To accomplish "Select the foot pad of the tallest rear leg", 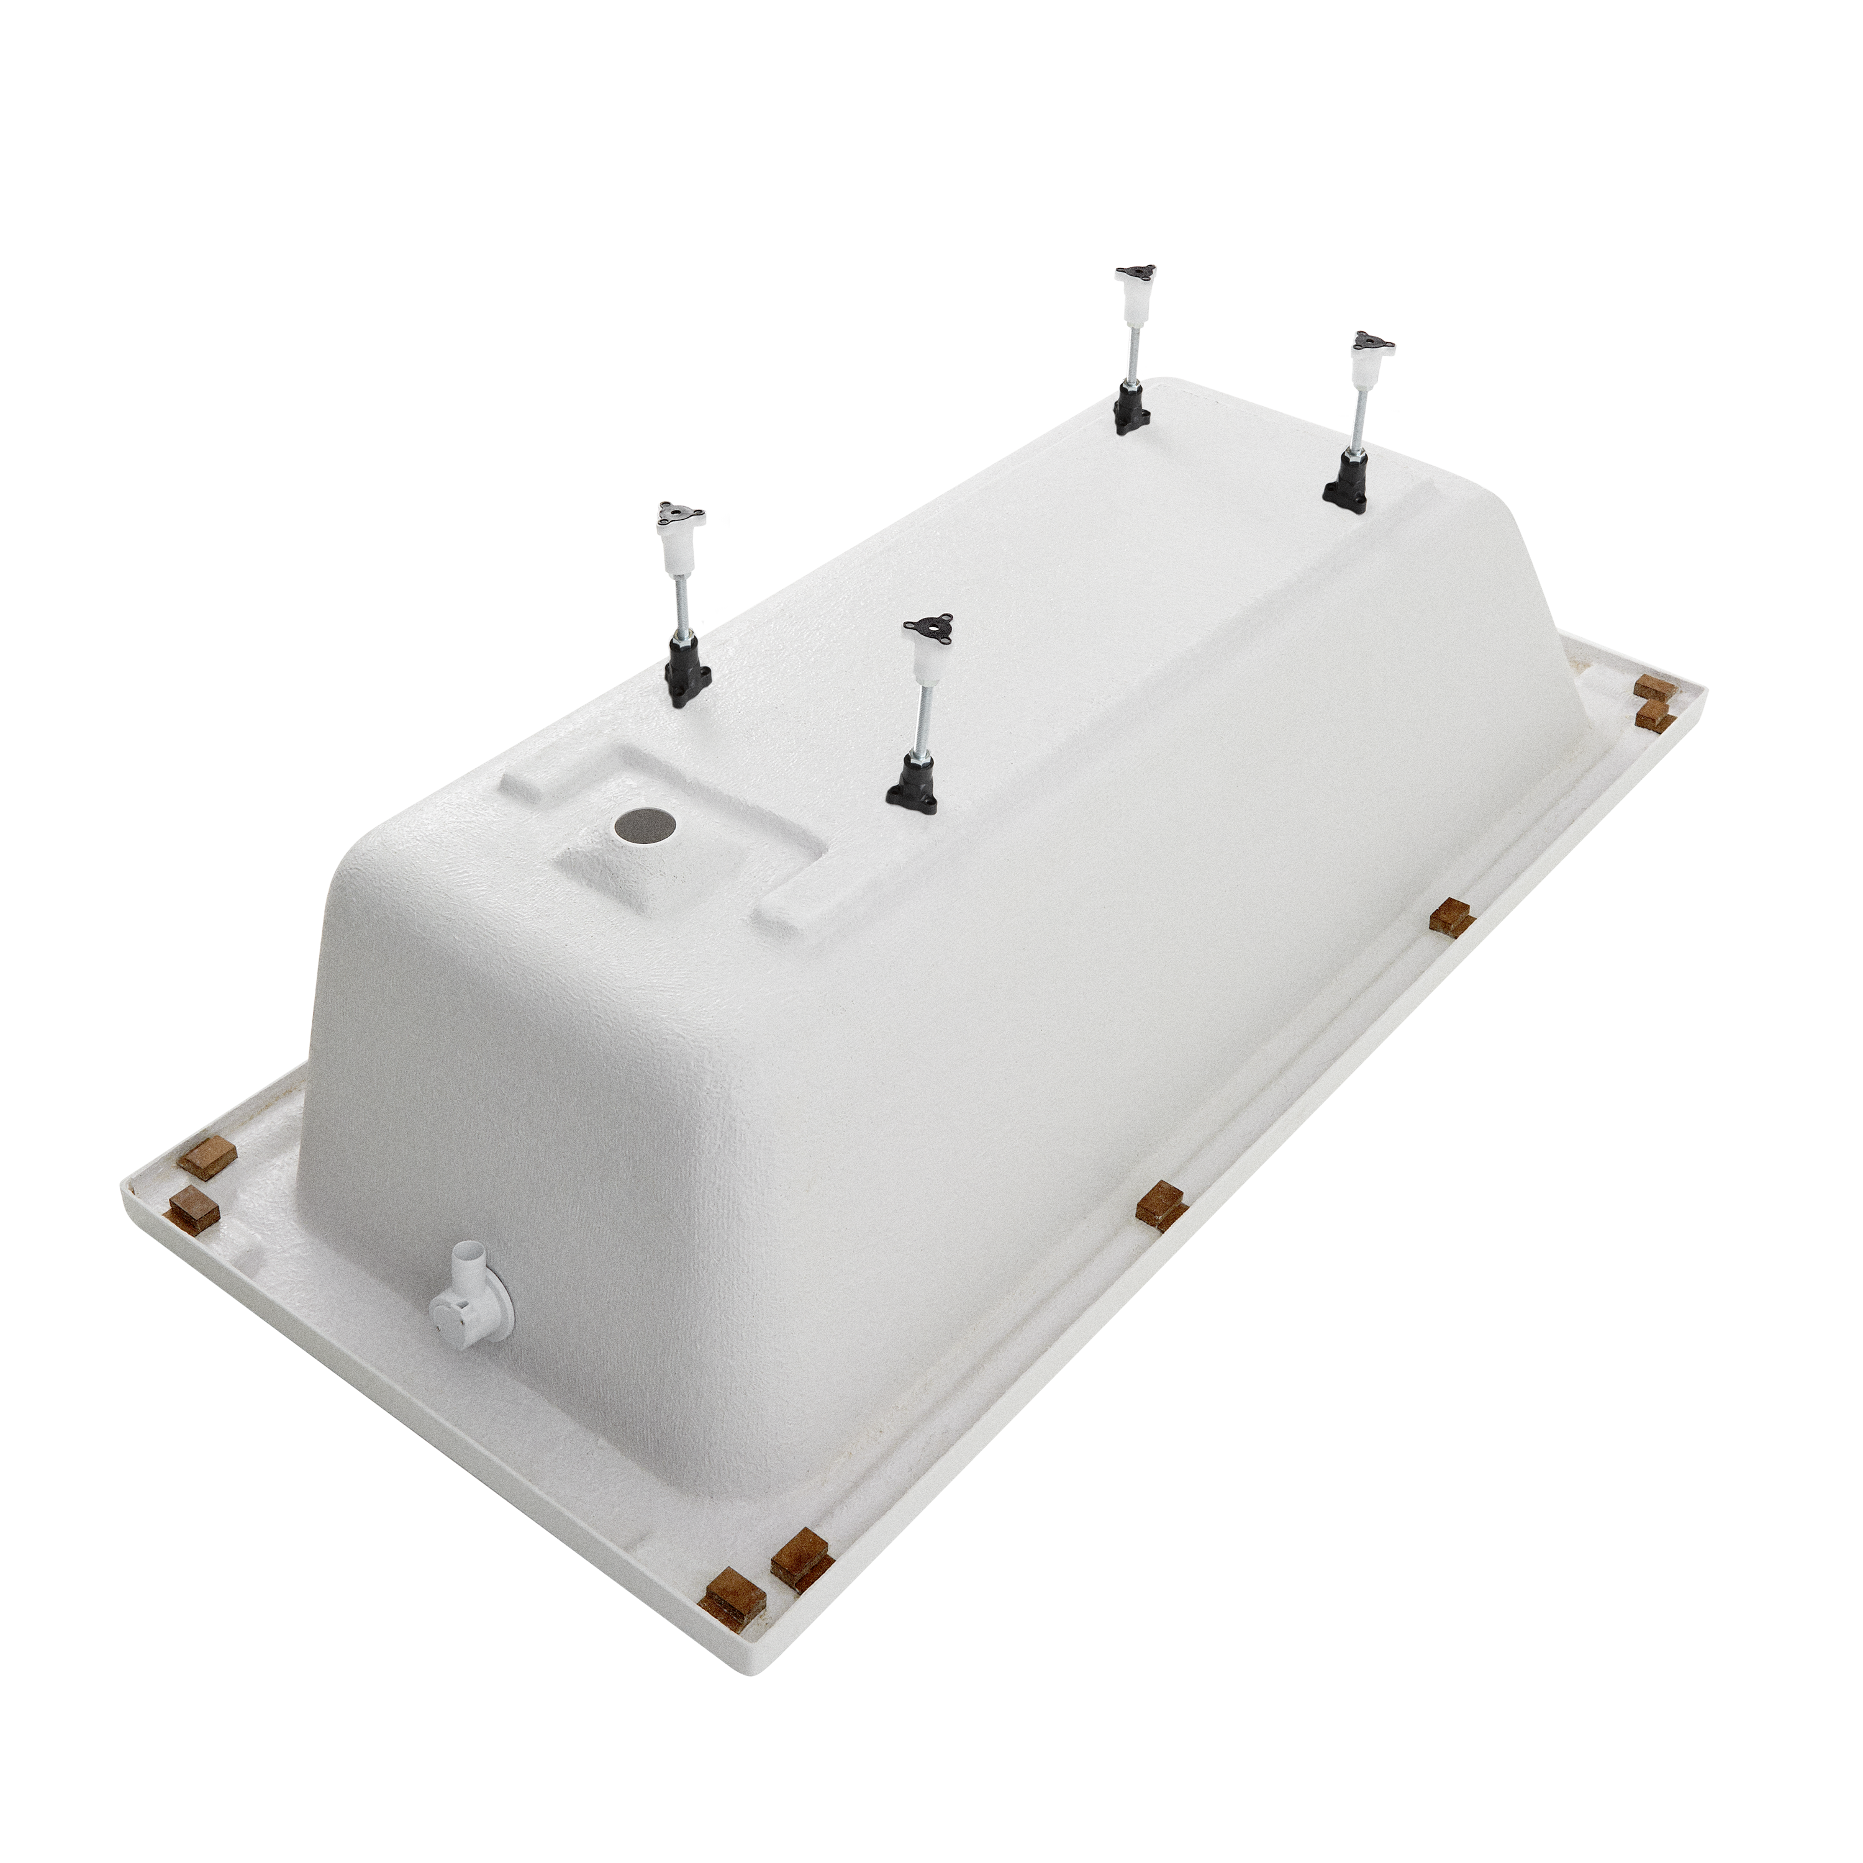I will pyautogui.click(x=1135, y=274).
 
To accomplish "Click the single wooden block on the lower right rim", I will pyautogui.click(x=1160, y=1204).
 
